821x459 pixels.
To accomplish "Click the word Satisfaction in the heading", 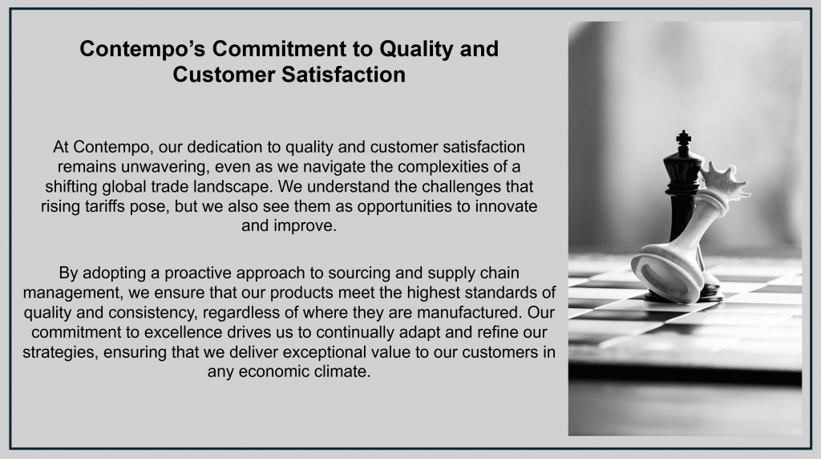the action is coord(343,75).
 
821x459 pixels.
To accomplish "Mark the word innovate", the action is coord(506,206).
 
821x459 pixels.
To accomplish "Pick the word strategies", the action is coord(60,352).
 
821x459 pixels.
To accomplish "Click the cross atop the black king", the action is coord(683,138).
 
